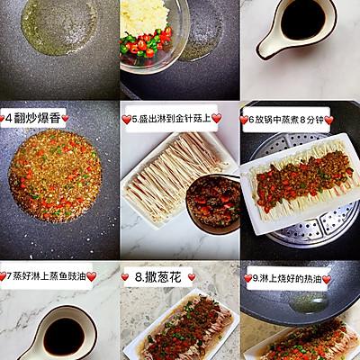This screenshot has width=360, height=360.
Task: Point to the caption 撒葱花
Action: (x=157, y=277)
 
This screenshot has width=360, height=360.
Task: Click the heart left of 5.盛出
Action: (x=127, y=120)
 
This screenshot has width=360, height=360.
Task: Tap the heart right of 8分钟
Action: (x=329, y=121)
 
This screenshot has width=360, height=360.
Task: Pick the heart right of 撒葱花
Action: (x=192, y=277)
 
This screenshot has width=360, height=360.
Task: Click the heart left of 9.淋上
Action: (x=248, y=279)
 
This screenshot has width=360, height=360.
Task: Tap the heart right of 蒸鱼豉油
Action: (x=91, y=276)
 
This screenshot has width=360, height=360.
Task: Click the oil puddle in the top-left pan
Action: (x=59, y=27)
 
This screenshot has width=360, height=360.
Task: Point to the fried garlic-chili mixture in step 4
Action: (x=56, y=176)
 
